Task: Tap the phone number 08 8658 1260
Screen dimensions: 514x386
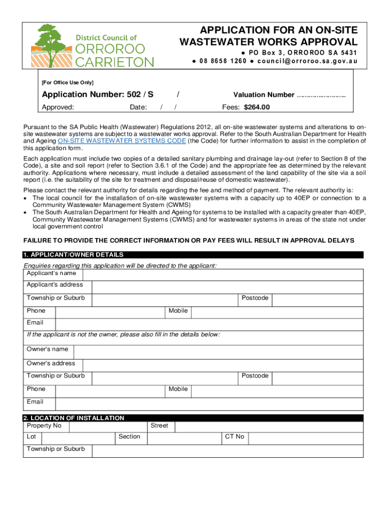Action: point(223,61)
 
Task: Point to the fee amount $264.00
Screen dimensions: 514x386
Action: point(257,107)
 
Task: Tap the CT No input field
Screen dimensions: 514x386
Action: point(305,438)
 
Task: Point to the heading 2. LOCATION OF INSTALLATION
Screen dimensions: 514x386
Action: point(74,418)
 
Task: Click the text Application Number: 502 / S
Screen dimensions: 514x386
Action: point(97,94)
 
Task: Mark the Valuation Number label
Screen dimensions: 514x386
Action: point(264,95)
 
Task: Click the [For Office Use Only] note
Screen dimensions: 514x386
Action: point(68,82)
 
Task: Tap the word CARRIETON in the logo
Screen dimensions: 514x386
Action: point(115,62)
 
